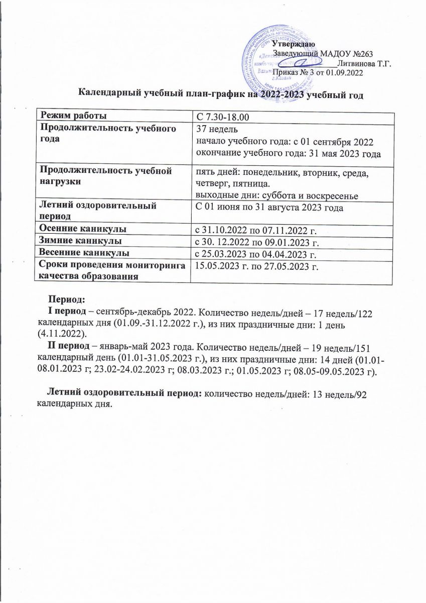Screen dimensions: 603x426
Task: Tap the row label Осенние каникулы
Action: [83, 229]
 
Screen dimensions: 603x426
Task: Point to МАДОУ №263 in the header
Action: [348, 54]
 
